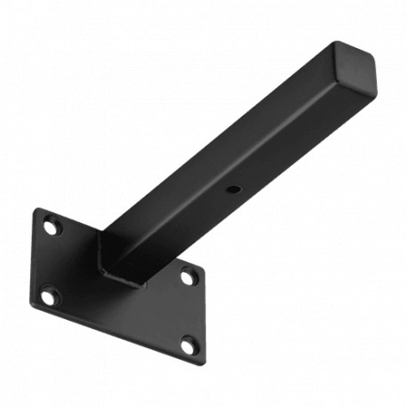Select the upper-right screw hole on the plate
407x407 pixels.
188,277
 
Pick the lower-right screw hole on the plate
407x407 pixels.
188,345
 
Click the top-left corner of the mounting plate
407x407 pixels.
37,211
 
